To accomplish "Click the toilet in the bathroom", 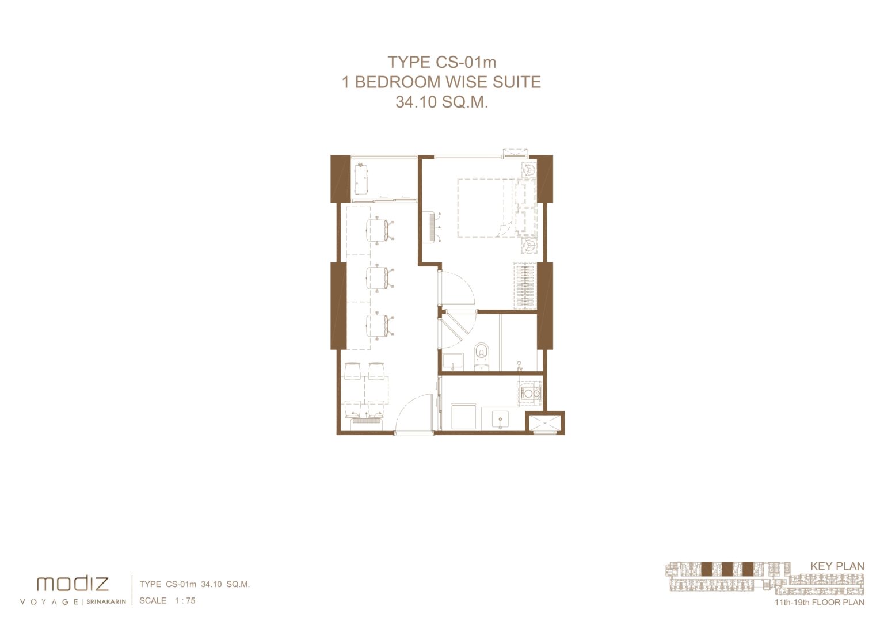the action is [482, 356].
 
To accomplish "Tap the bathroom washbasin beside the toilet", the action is [453, 361].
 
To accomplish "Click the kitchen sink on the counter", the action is [500, 420].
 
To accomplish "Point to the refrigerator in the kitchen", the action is [463, 416].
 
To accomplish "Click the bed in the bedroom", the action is [497, 208].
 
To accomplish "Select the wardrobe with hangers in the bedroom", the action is [525, 285].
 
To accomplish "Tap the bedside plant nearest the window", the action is [528, 170].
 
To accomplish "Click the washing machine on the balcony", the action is [361, 179].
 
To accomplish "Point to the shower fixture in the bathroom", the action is [519, 366].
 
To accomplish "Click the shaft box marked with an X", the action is [544, 423].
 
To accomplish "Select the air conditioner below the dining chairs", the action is [367, 421].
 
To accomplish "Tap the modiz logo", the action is [73, 584].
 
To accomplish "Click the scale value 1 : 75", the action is [185, 600].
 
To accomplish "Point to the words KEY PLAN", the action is [837, 566].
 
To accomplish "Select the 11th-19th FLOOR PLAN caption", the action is [820, 603].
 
